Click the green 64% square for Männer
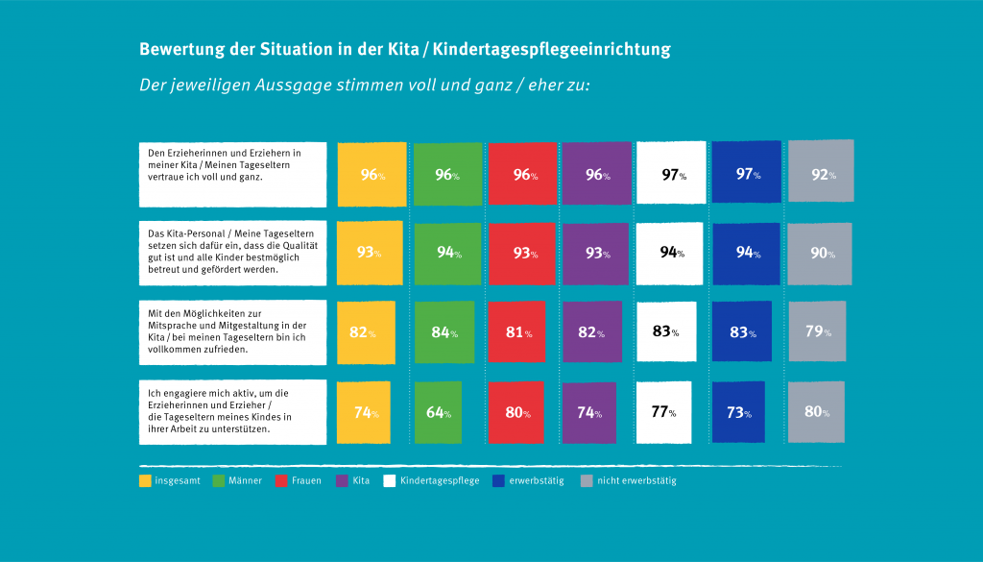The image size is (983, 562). pyautogui.click(x=437, y=412)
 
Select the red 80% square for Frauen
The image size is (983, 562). pyautogui.click(x=516, y=412)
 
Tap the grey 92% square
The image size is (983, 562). pyautogui.click(x=820, y=173)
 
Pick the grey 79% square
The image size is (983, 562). pyautogui.click(x=817, y=331)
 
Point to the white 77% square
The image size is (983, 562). pyautogui.click(x=663, y=412)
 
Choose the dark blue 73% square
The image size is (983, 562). pyautogui.click(x=738, y=412)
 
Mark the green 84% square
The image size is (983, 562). pyautogui.click(x=444, y=332)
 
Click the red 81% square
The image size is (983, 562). pyautogui.click(x=516, y=332)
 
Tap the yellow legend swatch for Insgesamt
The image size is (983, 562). pyautogui.click(x=145, y=480)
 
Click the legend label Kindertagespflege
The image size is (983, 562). pyautogui.click(x=440, y=480)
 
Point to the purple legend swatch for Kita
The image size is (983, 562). pyautogui.click(x=341, y=480)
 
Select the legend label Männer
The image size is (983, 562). pyautogui.click(x=245, y=480)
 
